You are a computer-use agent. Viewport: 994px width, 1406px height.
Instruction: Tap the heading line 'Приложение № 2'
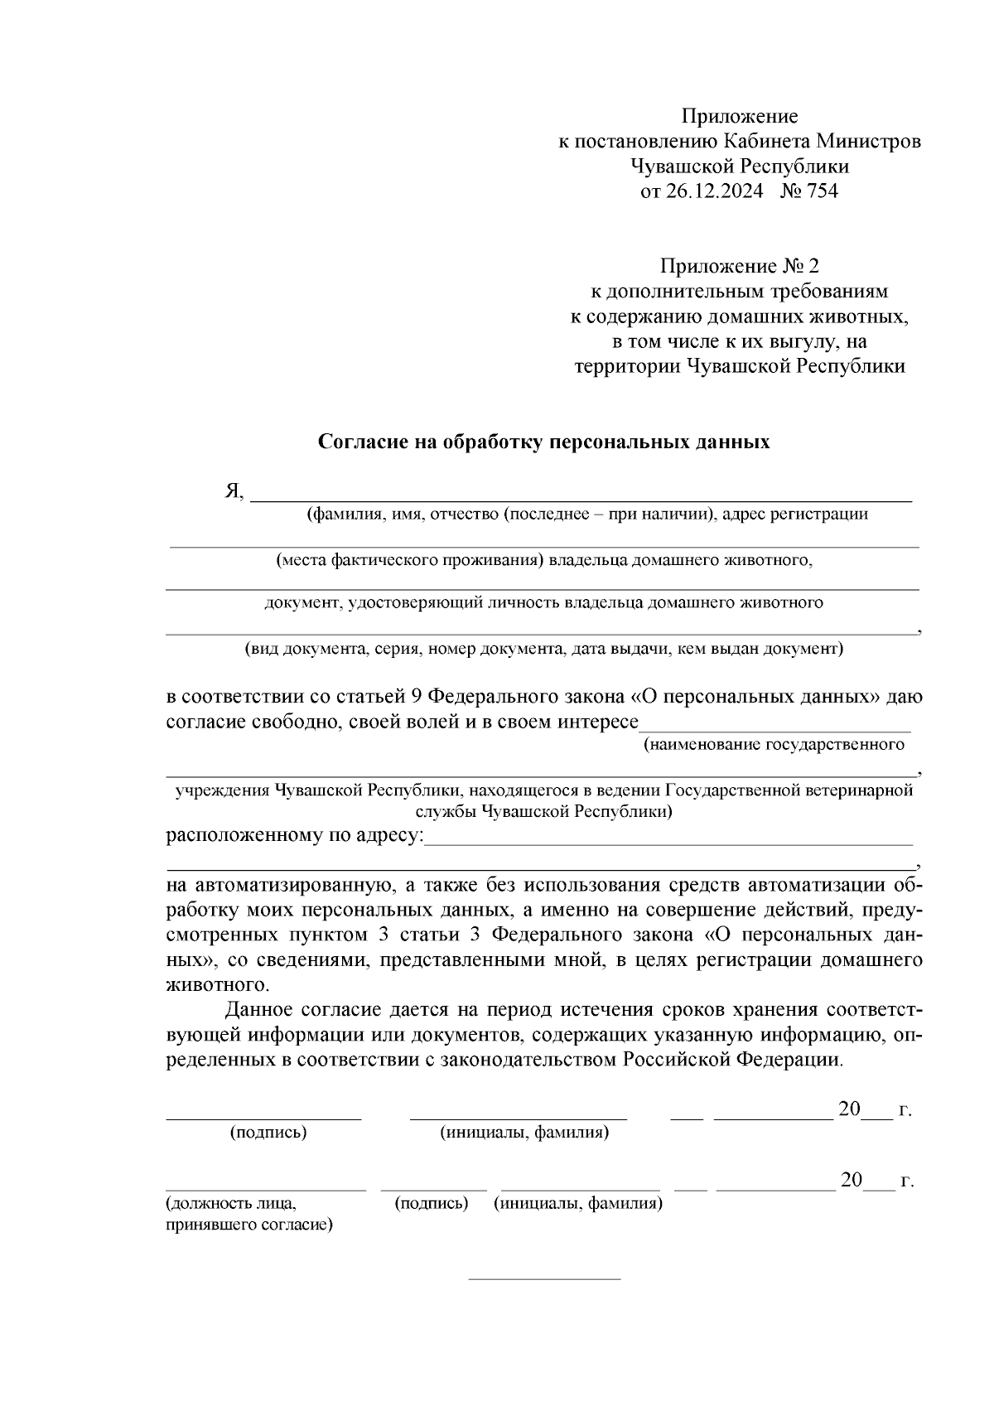739,267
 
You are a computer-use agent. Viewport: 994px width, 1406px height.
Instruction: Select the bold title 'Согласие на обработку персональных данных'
544,442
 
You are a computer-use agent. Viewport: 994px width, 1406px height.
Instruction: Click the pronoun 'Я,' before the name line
234,492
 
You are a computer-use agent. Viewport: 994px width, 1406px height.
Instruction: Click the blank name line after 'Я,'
580,500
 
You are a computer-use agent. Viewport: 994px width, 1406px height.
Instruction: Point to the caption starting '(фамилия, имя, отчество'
586,515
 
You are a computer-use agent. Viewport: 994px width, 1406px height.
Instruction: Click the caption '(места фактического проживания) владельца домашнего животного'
544,560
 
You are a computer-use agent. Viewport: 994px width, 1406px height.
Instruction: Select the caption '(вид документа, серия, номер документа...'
543,649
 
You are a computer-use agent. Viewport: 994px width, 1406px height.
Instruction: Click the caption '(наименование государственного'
774,744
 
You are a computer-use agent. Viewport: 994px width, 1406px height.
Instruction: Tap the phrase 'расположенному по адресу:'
294,834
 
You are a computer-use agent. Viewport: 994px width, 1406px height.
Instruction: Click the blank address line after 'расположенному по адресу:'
668,843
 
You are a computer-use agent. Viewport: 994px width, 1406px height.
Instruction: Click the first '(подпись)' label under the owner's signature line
268,1133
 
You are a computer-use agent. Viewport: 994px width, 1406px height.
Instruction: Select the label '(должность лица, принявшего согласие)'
248,1214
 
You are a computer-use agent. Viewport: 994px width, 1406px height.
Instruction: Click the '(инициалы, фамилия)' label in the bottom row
577,1204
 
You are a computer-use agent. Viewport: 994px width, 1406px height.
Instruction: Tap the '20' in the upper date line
850,1109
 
